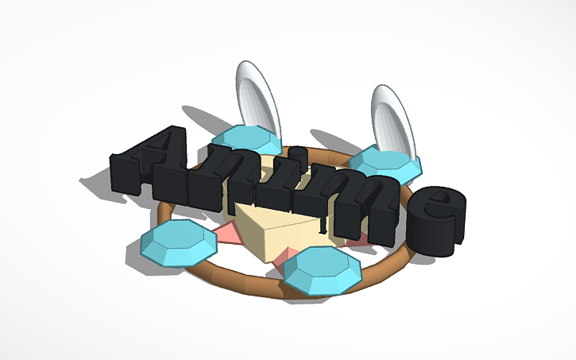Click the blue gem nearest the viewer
click(322, 268)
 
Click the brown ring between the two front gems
click(238, 278)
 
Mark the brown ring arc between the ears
click(322, 151)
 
